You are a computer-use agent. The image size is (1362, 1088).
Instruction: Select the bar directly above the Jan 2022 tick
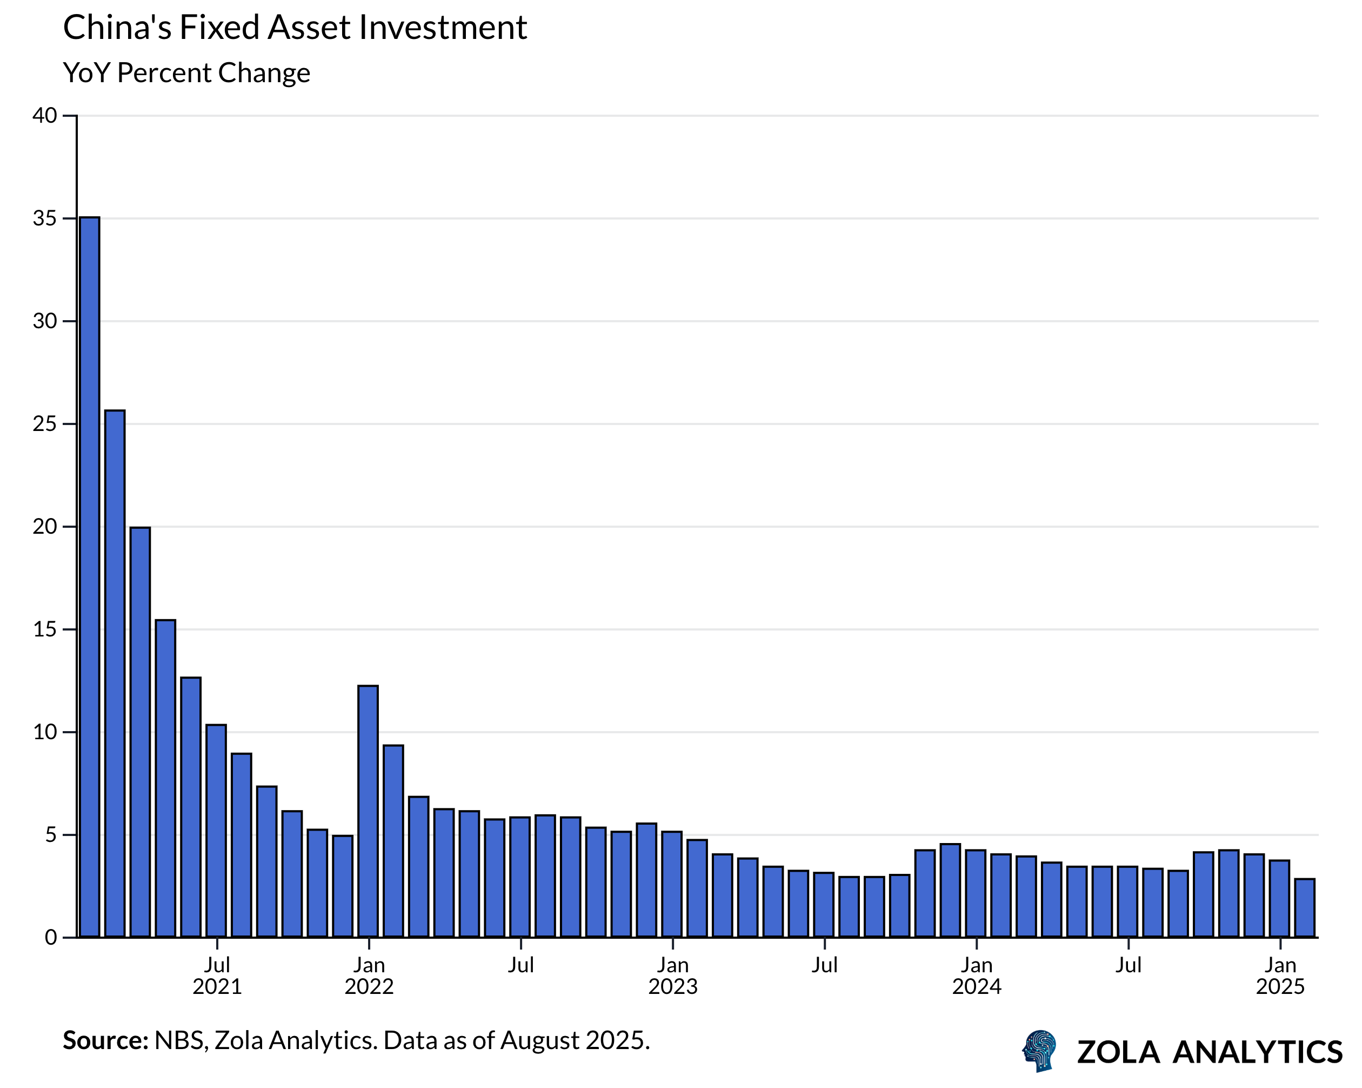point(368,811)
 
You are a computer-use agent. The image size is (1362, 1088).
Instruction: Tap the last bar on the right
point(1305,908)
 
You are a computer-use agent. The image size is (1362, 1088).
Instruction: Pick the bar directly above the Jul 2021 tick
point(216,831)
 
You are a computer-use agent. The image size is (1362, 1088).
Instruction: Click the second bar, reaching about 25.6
point(115,673)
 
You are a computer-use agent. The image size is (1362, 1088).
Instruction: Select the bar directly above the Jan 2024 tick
point(976,893)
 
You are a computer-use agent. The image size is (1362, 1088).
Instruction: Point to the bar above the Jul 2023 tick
point(824,905)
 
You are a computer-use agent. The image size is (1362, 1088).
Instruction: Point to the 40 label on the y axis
point(45,116)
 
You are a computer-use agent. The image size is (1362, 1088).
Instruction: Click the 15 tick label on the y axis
point(45,629)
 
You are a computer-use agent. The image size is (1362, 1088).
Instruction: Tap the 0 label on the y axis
point(51,938)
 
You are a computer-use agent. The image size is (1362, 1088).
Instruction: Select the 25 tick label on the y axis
point(45,424)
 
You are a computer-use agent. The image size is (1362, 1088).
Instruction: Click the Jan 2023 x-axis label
point(673,976)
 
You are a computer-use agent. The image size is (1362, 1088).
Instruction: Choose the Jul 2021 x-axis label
point(217,976)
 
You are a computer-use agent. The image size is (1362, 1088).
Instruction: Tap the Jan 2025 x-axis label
point(1280,976)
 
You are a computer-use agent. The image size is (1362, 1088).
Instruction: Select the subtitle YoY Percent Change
point(187,72)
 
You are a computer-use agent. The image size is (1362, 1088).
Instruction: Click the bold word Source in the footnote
point(105,1040)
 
